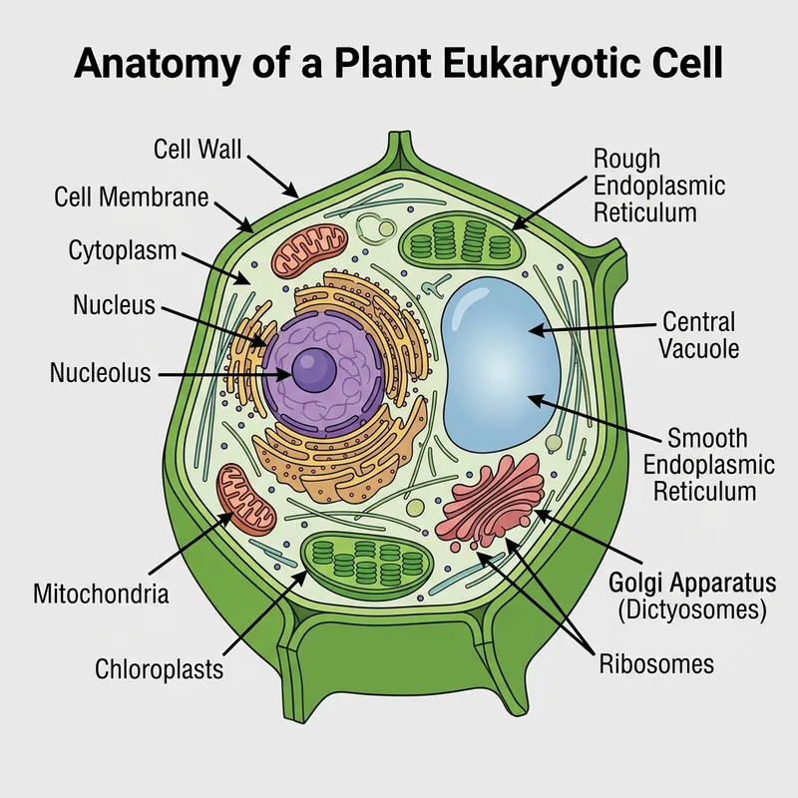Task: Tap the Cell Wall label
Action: (x=199, y=150)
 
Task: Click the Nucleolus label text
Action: (x=100, y=374)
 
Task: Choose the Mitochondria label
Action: (x=101, y=596)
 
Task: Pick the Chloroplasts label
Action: (x=160, y=668)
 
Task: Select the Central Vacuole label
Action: (x=698, y=335)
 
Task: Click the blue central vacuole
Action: (x=499, y=359)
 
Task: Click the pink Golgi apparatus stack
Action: (x=494, y=504)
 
